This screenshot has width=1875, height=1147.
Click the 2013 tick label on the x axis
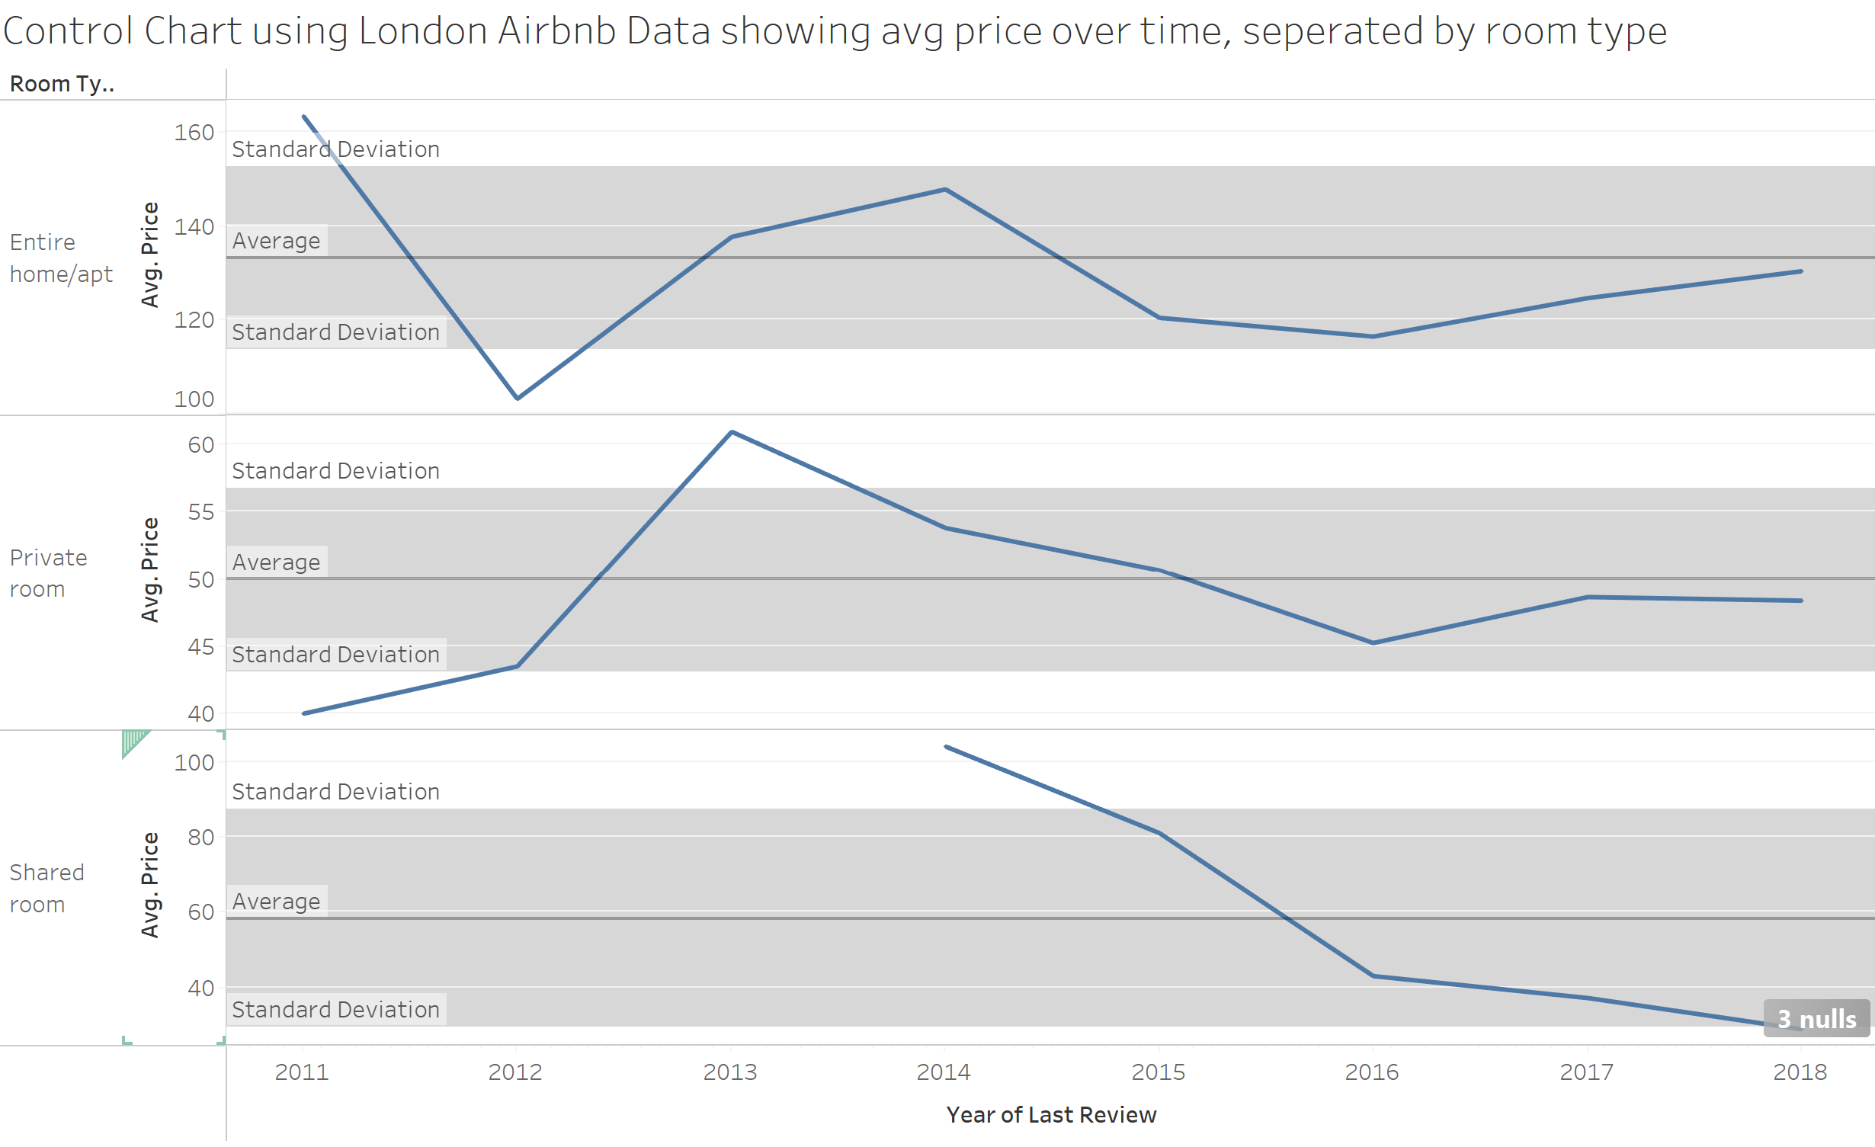click(729, 1072)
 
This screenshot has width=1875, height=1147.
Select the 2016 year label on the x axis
click(1371, 1072)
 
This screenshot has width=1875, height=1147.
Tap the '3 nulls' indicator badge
click(1816, 1018)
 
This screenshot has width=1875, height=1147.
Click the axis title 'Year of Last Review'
click(1051, 1114)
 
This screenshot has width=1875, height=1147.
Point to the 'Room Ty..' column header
click(62, 84)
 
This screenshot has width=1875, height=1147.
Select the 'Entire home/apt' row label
click(61, 258)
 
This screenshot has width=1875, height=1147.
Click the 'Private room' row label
click(48, 573)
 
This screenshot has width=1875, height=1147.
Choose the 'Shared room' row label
click(46, 888)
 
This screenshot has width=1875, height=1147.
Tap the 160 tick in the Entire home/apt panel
click(194, 133)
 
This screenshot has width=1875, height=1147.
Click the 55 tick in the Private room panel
click(200, 512)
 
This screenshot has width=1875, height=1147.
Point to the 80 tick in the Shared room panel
click(200, 837)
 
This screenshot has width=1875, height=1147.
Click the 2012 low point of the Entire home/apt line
click(518, 398)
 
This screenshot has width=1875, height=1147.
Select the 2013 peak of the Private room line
click(732, 432)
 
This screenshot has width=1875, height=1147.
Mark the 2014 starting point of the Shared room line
click(946, 747)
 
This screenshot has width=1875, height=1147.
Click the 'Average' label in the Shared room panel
click(276, 901)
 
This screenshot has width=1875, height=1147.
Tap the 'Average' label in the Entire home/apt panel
click(276, 241)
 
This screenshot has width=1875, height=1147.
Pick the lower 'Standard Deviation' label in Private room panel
click(335, 655)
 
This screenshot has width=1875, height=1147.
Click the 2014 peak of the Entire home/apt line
click(945, 189)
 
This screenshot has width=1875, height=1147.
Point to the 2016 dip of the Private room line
click(1373, 642)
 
